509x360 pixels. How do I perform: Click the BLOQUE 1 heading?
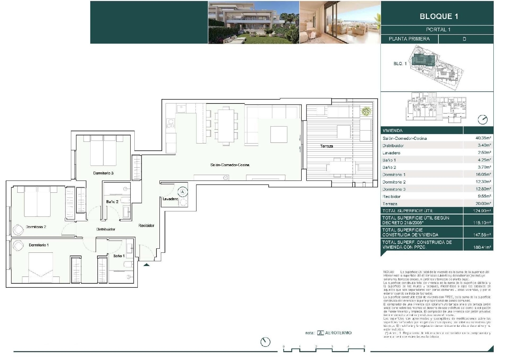(x=439, y=16)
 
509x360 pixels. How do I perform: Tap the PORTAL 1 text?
(x=438, y=30)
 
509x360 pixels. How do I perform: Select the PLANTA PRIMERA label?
(x=409, y=39)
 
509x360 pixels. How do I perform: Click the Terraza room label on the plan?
(x=326, y=146)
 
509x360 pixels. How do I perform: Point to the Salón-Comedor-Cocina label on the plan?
(x=230, y=165)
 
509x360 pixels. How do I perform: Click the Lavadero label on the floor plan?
(x=170, y=199)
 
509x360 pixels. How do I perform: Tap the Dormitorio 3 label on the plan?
(x=103, y=173)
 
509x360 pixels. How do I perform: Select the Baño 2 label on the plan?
(x=112, y=202)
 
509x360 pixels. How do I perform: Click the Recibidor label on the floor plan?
(x=146, y=225)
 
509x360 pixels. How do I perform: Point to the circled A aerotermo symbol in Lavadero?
(x=183, y=192)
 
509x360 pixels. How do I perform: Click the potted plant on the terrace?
(x=366, y=111)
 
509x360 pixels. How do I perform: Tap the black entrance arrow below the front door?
(x=146, y=265)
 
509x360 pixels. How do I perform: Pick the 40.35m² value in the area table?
(x=483, y=138)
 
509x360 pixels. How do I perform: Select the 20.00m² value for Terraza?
(x=483, y=204)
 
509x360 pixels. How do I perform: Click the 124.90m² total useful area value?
(x=482, y=211)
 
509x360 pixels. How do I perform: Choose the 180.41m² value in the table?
(x=482, y=247)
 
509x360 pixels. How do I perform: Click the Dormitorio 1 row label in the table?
(x=394, y=174)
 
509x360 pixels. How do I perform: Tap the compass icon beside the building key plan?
(x=482, y=120)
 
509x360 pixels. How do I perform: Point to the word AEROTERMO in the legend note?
(x=338, y=333)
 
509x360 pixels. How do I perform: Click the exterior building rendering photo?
(x=253, y=22)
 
